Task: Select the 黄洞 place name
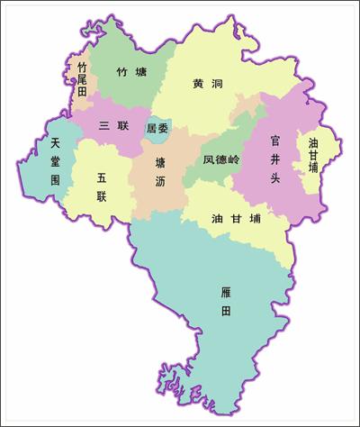pyautogui.click(x=207, y=84)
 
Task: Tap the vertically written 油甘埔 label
pyautogui.click(x=313, y=156)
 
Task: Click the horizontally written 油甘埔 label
pyautogui.click(x=236, y=218)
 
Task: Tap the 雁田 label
pyautogui.click(x=226, y=302)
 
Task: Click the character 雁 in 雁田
pyautogui.click(x=226, y=291)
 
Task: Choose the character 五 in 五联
pyautogui.click(x=102, y=177)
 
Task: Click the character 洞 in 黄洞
pyautogui.click(x=216, y=84)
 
